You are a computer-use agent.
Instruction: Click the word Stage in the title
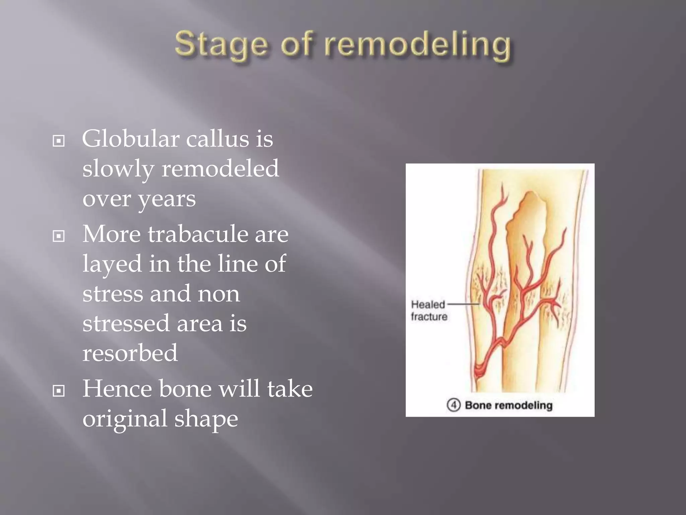click(x=221, y=45)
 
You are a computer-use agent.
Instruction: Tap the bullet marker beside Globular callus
click(x=59, y=141)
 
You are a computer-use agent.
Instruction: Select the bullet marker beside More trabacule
click(x=59, y=236)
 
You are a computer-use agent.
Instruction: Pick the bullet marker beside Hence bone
click(x=59, y=391)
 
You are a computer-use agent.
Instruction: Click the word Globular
click(x=130, y=139)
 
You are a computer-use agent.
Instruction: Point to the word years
click(x=166, y=199)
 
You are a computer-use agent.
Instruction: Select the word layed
click(x=112, y=264)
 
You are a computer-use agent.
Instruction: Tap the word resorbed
click(x=130, y=353)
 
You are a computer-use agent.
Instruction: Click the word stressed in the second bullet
click(x=126, y=323)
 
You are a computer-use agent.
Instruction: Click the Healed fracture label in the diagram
click(x=429, y=310)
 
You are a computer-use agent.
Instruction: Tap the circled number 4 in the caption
click(x=454, y=405)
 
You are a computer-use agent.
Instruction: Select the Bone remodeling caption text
click(x=508, y=405)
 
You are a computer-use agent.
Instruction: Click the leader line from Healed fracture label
click(x=463, y=304)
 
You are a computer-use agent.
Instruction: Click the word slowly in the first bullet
click(x=118, y=169)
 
